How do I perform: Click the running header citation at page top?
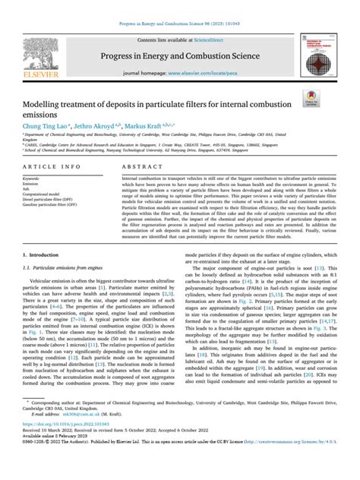(x=180, y=5)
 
